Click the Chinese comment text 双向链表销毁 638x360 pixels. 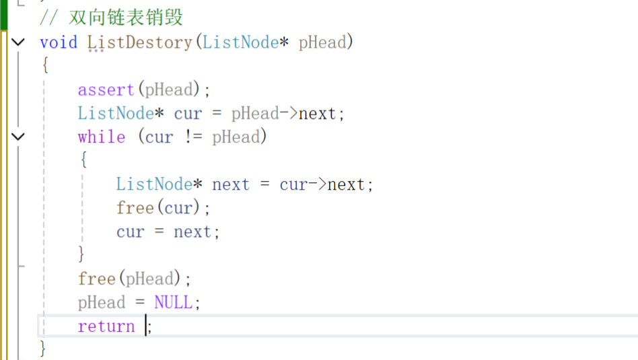pyautogui.click(x=126, y=17)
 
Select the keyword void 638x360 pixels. pyautogui.click(x=59, y=42)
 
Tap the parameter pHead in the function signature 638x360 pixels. pyautogui.click(x=322, y=42)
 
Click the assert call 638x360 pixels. pyautogui.click(x=106, y=89)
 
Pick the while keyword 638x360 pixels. pyautogui.click(x=101, y=137)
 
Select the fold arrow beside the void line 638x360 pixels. pyautogui.click(x=18, y=42)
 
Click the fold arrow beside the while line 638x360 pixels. pyautogui.click(x=18, y=137)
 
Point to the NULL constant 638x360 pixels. pyautogui.click(x=173, y=303)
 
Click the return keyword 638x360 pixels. pyautogui.click(x=106, y=326)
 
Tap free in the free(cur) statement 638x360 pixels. pyautogui.click(x=135, y=208)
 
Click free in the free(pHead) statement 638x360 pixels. pyautogui.click(x=96, y=279)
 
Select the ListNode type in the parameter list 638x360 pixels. pyautogui.click(x=240, y=42)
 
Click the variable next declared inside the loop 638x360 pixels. pyautogui.click(x=231, y=184)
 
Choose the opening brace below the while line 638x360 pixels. pyautogui.click(x=83, y=161)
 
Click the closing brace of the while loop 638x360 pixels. pyautogui.click(x=82, y=255)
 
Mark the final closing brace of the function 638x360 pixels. pyautogui.click(x=44, y=349)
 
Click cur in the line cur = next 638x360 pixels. pyautogui.click(x=130, y=232)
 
